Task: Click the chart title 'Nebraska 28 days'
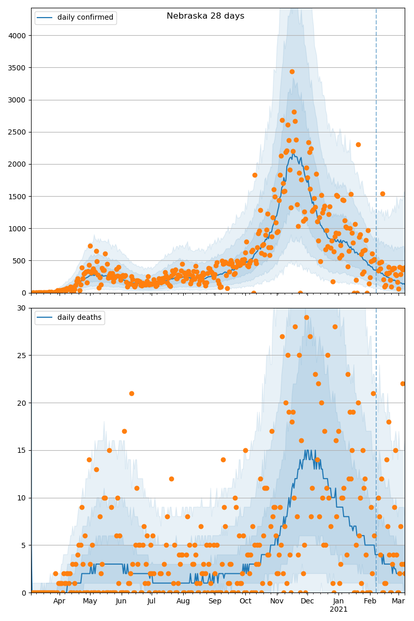[x=205, y=16]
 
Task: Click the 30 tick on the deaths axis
[x=22, y=308]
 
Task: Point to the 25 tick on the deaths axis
[x=22, y=356]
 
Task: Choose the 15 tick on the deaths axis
[x=22, y=450]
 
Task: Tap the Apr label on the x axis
[x=60, y=601]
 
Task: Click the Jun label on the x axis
[x=121, y=601]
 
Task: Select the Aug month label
[x=183, y=601]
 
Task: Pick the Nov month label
[x=277, y=601]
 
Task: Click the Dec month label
[x=307, y=601]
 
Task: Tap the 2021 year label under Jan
[x=338, y=609]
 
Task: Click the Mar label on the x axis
[x=398, y=601]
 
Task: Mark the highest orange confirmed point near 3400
[x=292, y=71]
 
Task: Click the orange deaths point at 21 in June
[x=131, y=393]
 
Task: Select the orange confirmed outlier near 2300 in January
[x=358, y=144]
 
